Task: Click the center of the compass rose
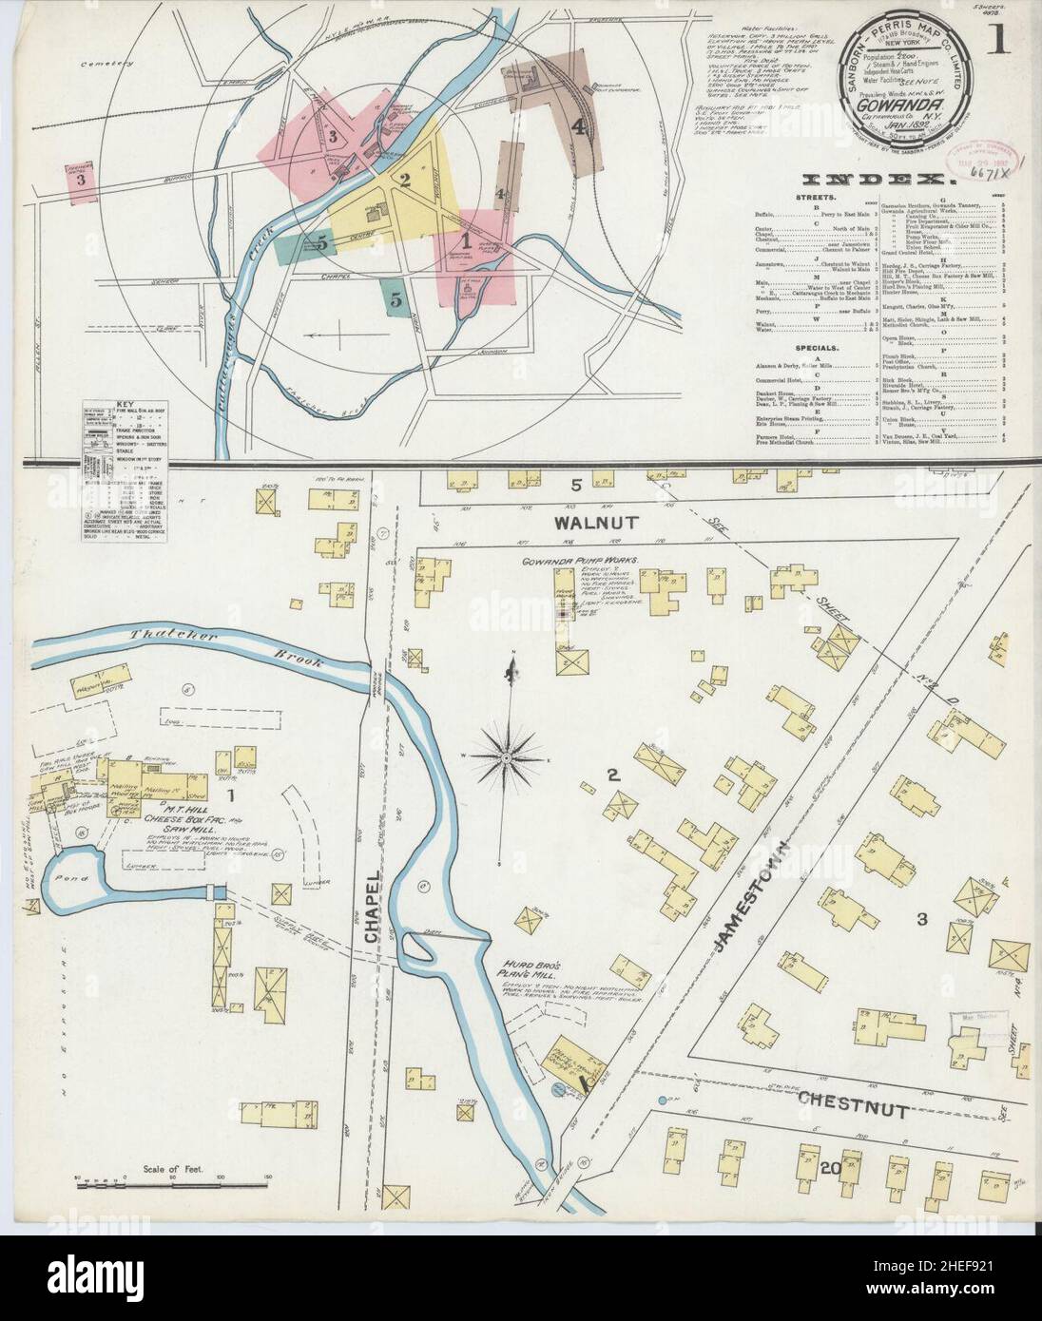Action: click(x=505, y=757)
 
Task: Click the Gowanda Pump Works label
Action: click(x=584, y=561)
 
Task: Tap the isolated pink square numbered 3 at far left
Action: click(x=83, y=178)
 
